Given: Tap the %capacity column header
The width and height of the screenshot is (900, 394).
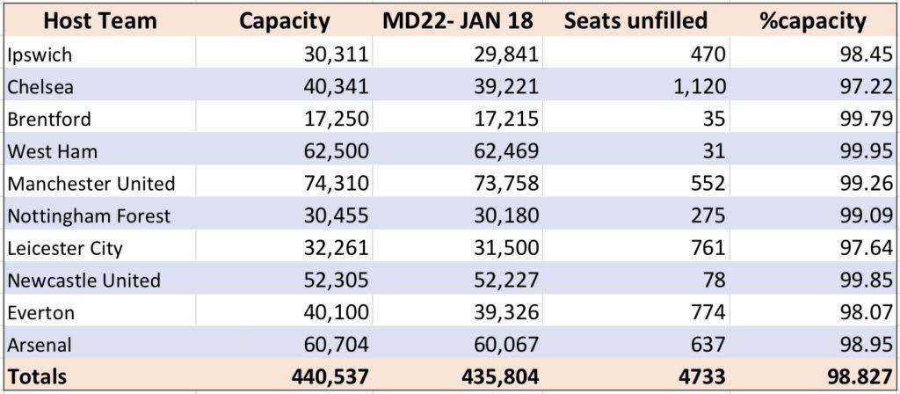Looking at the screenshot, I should (x=813, y=21).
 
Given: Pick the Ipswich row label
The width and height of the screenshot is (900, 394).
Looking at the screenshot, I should (x=40, y=55).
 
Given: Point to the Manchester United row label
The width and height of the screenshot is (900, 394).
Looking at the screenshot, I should (x=91, y=184).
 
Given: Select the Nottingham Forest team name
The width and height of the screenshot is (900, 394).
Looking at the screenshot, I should (x=89, y=215).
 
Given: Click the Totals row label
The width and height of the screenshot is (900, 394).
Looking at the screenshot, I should (x=36, y=377).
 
